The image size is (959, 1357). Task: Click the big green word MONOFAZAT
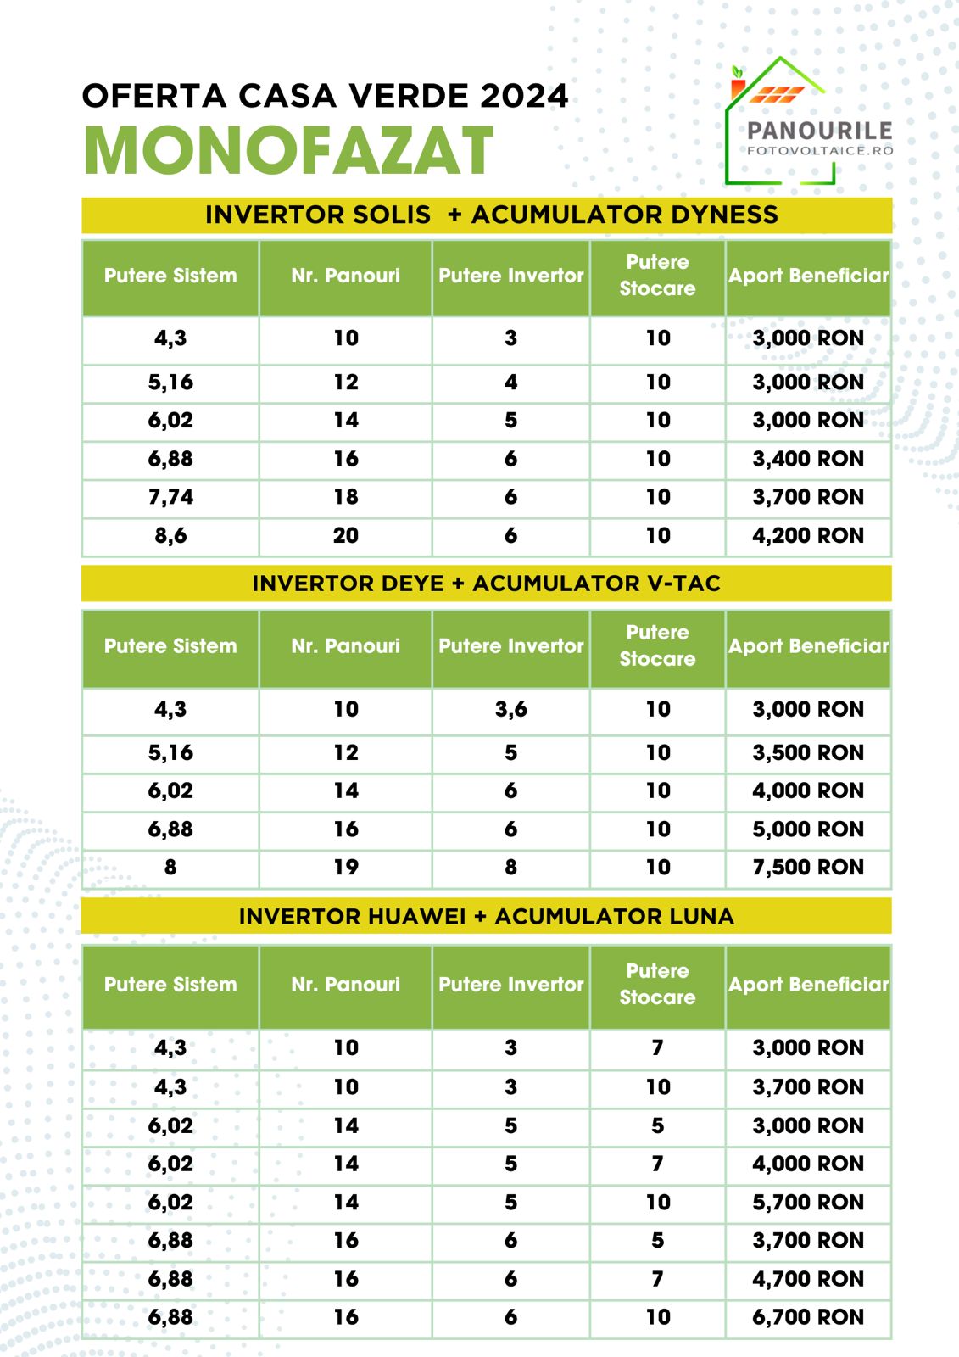288,151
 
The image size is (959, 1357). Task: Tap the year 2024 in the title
523,96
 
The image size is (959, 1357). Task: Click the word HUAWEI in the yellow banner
417,917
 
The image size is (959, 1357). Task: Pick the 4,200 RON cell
808,536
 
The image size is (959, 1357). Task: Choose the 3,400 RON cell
808,459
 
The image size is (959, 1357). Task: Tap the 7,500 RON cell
808,868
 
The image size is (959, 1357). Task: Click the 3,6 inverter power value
510,709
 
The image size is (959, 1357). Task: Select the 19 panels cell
345,868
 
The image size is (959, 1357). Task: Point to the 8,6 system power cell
170,536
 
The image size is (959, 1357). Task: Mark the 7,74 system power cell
170,497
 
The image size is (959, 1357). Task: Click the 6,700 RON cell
808,1317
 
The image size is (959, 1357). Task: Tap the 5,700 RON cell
808,1203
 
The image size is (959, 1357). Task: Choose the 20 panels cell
345,536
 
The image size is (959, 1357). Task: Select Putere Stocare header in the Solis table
657,276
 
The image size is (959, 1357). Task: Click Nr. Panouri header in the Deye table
345,646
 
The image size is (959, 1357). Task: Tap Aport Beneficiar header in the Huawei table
808,985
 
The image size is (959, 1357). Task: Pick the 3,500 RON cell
808,753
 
